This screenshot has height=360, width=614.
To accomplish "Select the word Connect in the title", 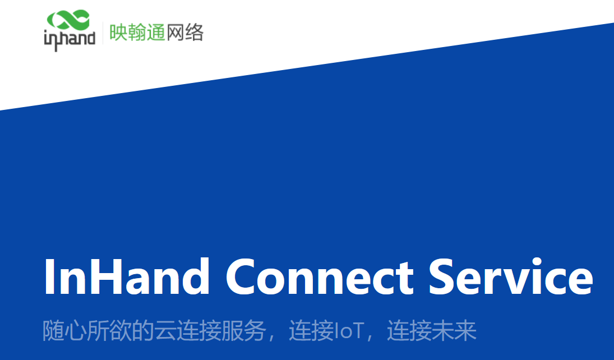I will pos(320,276).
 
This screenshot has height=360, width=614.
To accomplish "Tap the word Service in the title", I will pos(511,276).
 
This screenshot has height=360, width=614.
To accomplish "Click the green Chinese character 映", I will pos(119,33).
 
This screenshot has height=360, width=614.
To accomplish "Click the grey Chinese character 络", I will pos(194,33).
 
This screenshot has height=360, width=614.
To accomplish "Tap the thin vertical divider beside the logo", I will pos(102,33).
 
